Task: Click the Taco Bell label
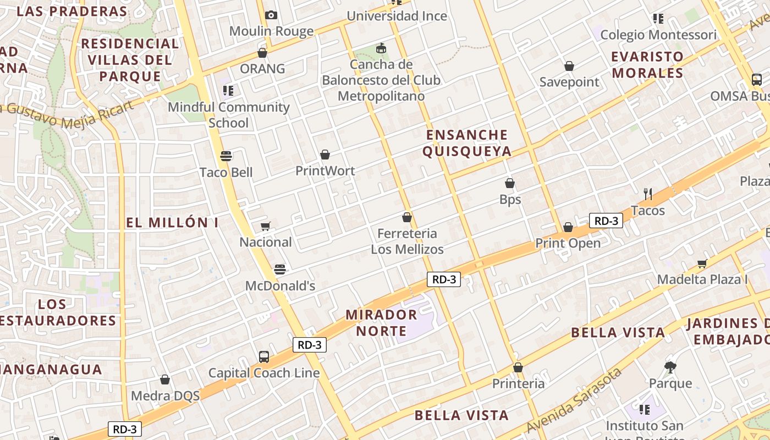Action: click(x=226, y=173)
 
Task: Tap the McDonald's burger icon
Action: click(x=280, y=269)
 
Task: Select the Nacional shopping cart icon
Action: click(x=266, y=226)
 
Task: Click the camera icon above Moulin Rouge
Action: click(x=271, y=15)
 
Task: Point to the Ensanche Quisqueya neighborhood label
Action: click(x=467, y=143)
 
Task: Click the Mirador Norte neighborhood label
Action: click(x=381, y=323)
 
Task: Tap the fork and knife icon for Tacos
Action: click(x=648, y=194)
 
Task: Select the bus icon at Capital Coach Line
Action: click(x=264, y=356)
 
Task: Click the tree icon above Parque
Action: click(x=670, y=367)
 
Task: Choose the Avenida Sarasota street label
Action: click(x=574, y=400)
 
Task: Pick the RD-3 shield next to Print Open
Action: click(x=606, y=221)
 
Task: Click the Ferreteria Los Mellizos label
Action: click(x=407, y=241)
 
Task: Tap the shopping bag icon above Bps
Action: click(x=510, y=183)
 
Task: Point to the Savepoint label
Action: click(x=569, y=82)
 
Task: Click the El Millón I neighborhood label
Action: click(x=172, y=223)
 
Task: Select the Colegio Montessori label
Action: click(x=658, y=35)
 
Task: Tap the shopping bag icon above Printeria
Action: click(x=518, y=367)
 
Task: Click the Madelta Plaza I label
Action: click(x=702, y=279)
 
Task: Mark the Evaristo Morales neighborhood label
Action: click(x=647, y=64)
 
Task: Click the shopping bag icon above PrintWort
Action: click(x=325, y=155)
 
